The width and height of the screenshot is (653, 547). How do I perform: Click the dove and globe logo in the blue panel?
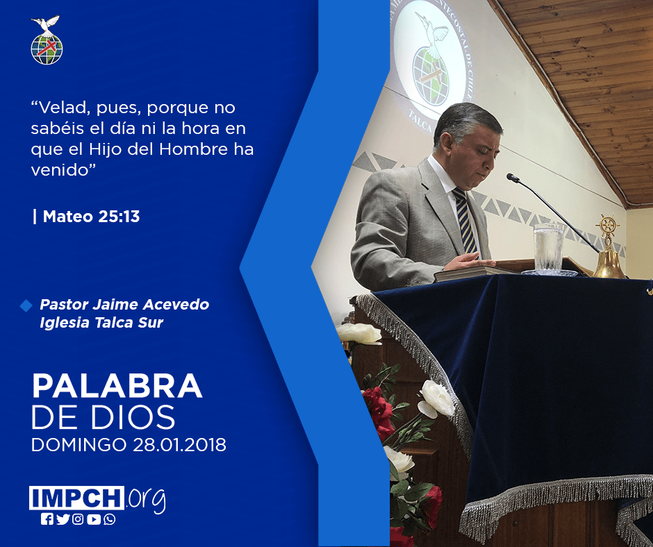coord(47,40)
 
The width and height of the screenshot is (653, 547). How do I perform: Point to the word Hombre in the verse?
coord(194,149)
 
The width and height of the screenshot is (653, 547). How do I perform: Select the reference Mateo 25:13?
coord(91,217)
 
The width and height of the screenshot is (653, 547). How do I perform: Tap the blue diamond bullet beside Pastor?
coord(26,305)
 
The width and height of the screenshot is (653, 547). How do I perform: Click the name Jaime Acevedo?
coord(151,304)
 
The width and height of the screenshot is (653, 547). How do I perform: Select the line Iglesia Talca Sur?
coord(101,323)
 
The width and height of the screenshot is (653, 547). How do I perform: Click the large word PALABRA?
coord(117,386)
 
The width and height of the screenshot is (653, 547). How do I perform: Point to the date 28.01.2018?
coord(179,444)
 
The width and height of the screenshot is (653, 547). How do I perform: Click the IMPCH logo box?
coord(76,498)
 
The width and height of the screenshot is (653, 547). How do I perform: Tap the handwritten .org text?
coord(146,500)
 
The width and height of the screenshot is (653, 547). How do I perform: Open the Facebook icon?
coord(47,519)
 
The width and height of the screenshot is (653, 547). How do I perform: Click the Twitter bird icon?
coord(63,519)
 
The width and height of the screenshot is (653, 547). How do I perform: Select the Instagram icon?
coord(78,519)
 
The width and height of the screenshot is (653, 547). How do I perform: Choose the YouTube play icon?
coord(94,519)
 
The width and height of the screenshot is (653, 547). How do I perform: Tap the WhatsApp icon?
coord(110,519)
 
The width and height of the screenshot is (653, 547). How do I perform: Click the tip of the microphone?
coord(510,176)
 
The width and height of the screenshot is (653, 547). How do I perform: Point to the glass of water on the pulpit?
coord(549,248)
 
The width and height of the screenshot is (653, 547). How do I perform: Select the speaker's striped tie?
coord(465,220)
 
